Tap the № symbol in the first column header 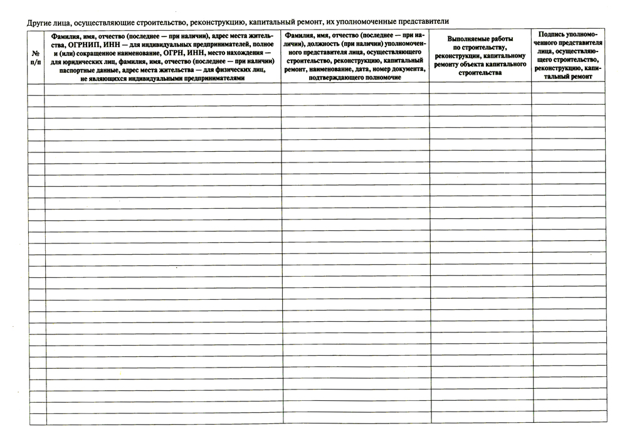tap(37, 55)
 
